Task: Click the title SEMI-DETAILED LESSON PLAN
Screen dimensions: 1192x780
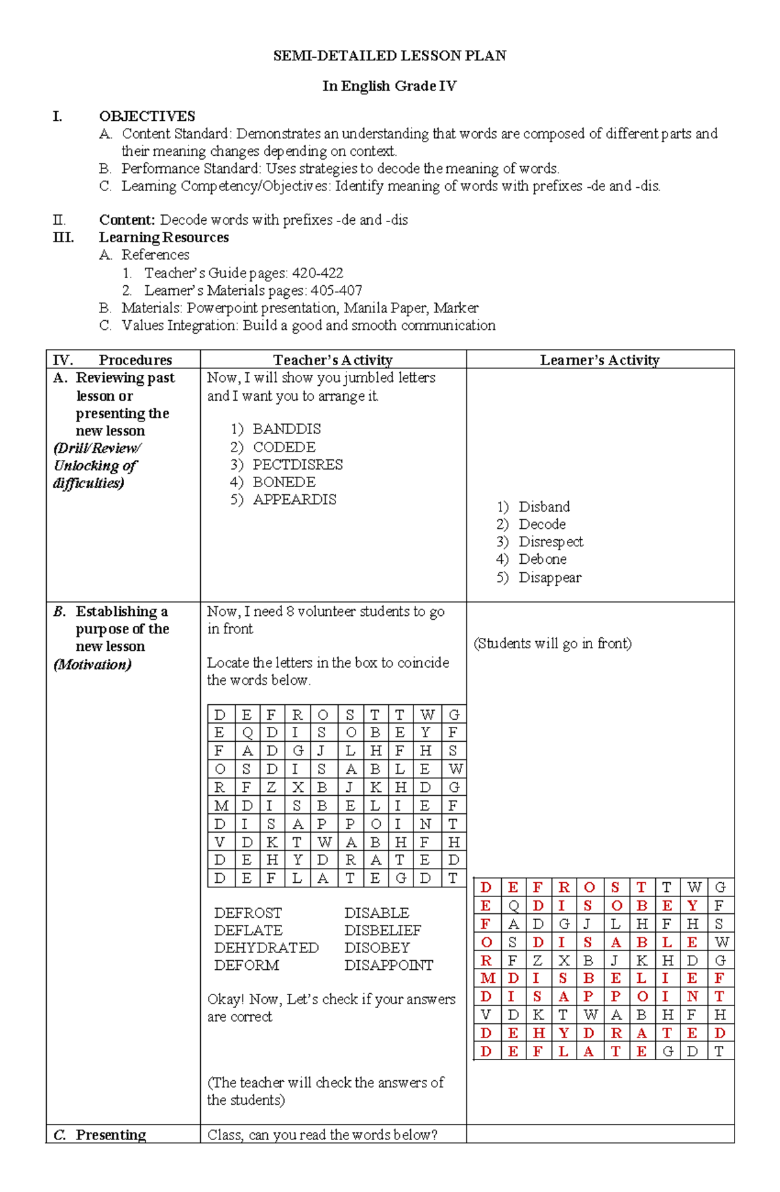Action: coord(389,56)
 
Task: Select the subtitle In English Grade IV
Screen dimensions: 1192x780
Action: coord(389,86)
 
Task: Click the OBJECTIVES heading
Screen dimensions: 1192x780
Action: coord(147,116)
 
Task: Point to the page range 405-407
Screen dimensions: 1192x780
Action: coord(336,290)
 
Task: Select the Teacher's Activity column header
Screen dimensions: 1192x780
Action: coord(332,360)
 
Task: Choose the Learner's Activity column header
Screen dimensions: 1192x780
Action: coord(599,360)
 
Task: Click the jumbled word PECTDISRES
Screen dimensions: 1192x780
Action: coord(298,464)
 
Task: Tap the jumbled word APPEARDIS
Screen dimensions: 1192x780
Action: coord(294,500)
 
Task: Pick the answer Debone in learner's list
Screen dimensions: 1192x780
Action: coord(542,559)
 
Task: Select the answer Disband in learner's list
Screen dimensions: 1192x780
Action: coord(544,507)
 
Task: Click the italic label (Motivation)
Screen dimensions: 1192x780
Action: coord(92,665)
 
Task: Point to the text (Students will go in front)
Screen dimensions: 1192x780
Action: coord(552,644)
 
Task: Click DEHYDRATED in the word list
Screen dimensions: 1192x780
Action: coord(266,948)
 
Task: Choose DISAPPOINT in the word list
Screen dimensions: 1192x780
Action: coord(389,965)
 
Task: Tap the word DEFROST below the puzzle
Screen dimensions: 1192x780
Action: coord(248,913)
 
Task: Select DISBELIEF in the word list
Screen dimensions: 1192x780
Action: coord(382,930)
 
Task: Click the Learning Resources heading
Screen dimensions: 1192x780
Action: coord(163,237)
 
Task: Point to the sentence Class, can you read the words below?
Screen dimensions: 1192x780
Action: coord(322,1135)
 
